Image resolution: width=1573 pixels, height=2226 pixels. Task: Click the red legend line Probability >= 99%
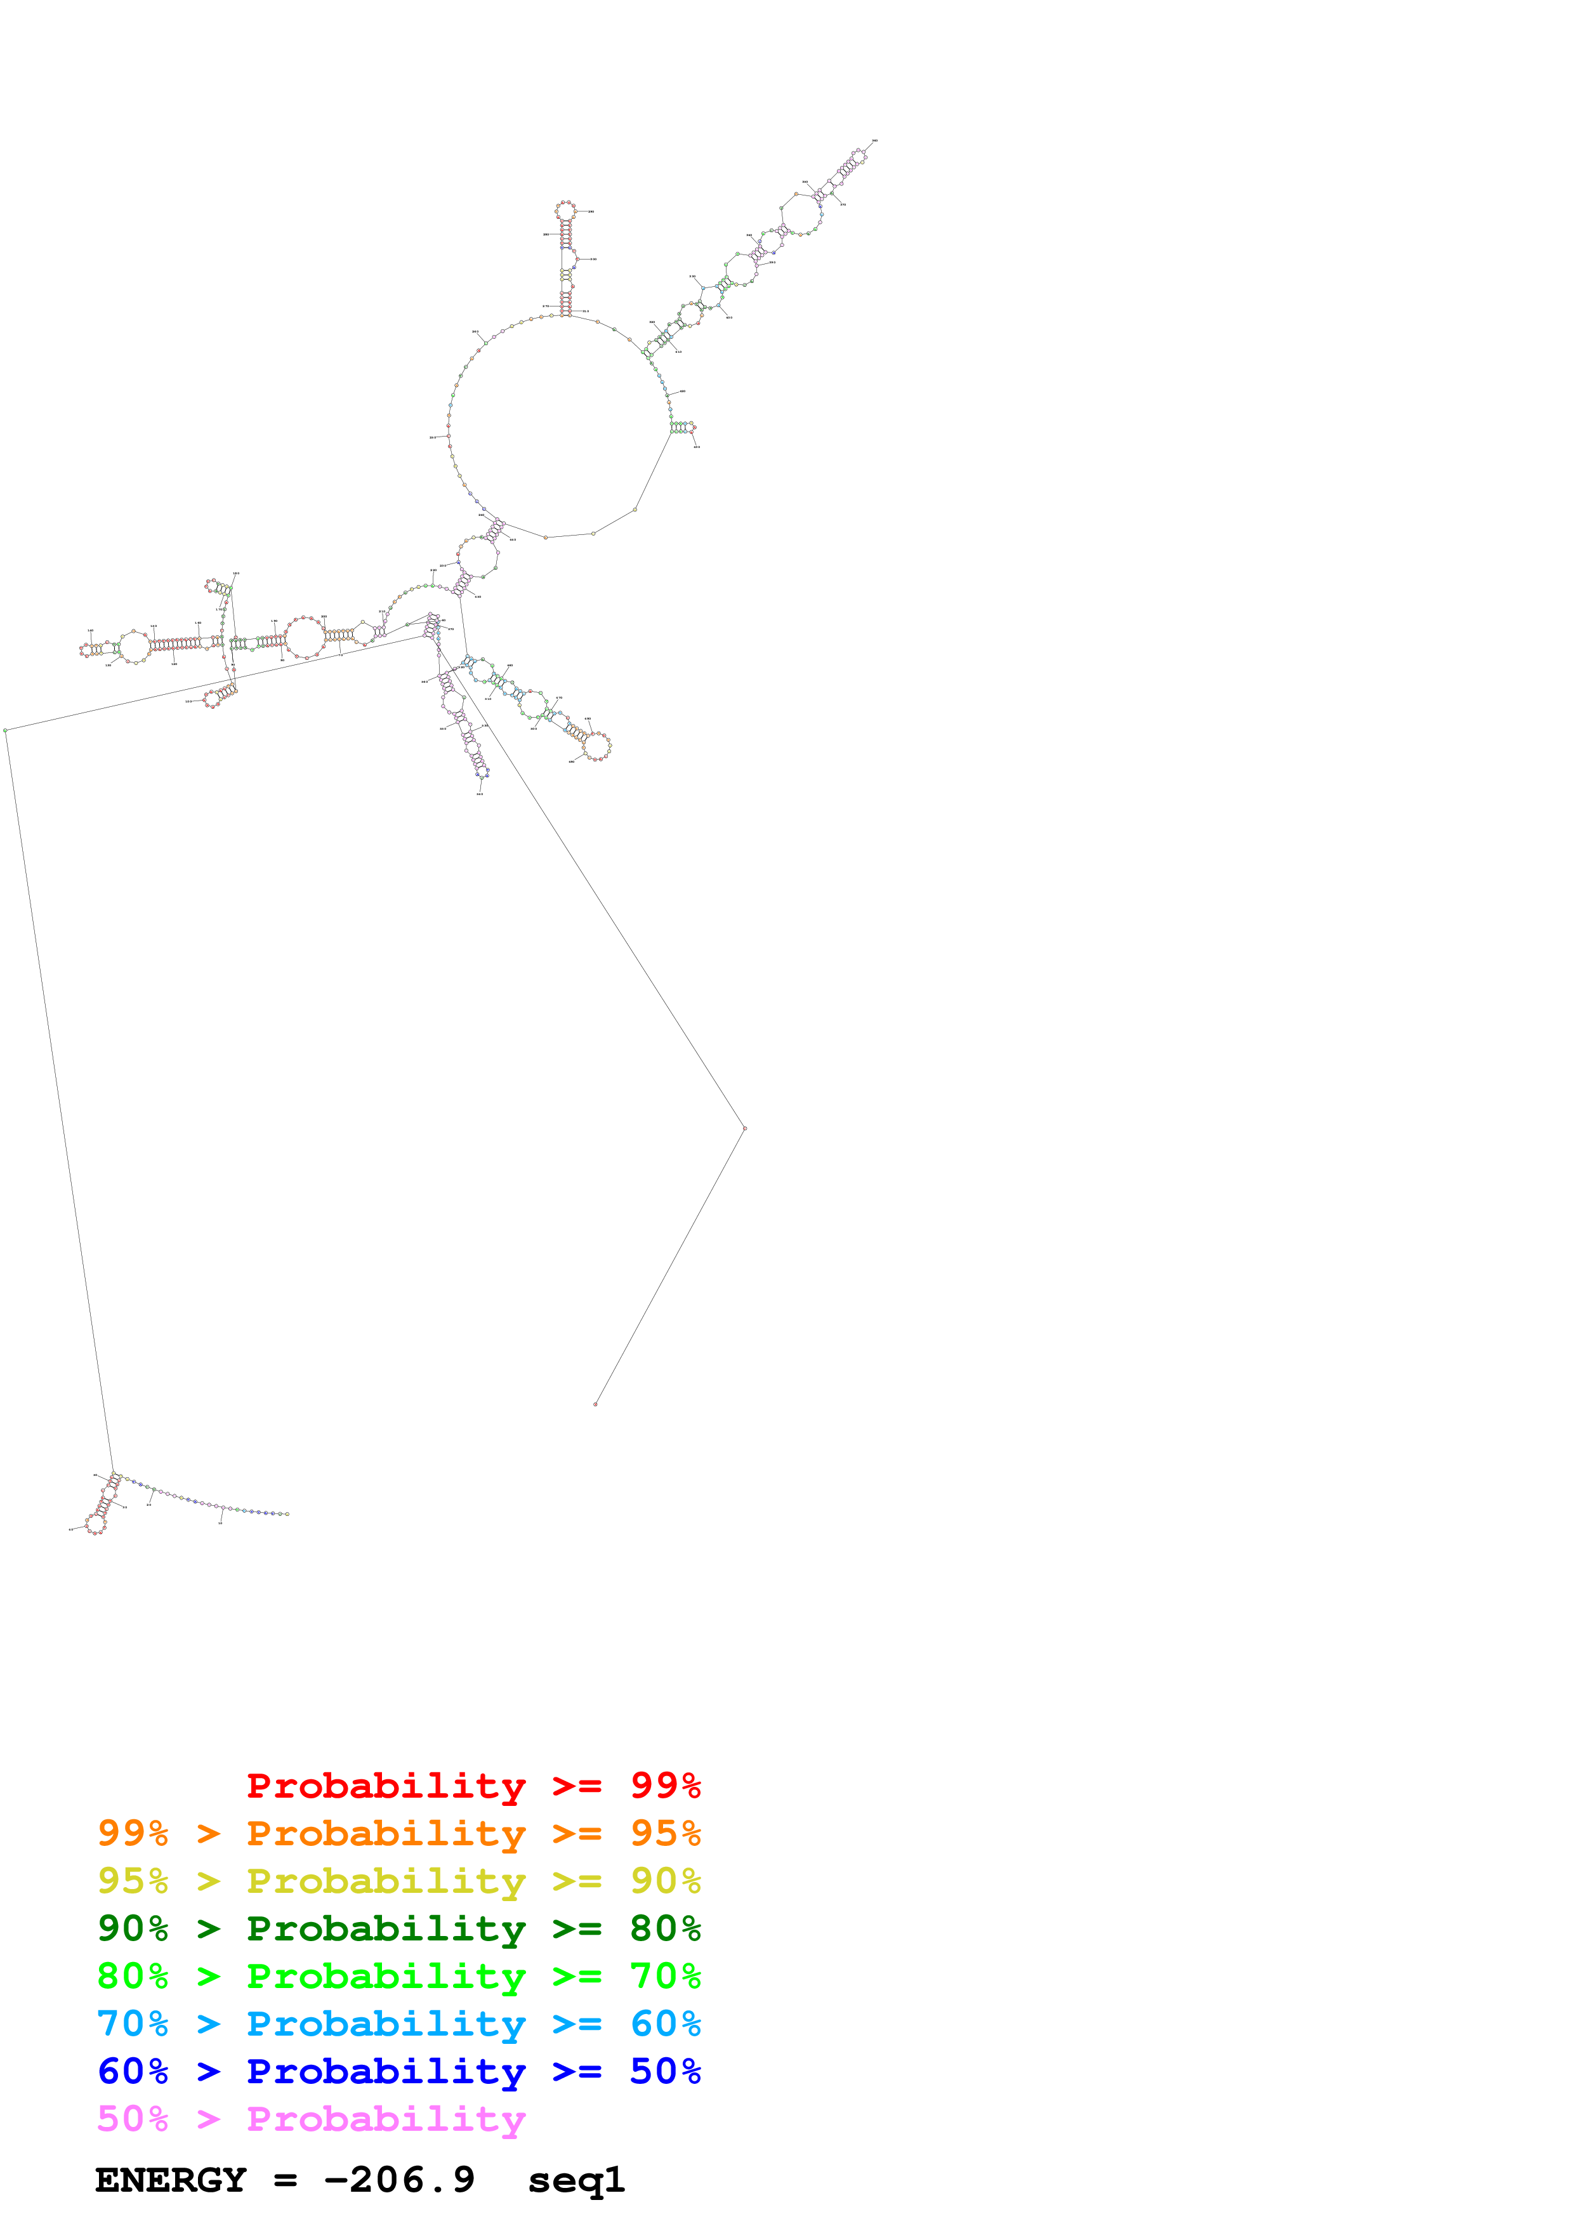[473, 1786]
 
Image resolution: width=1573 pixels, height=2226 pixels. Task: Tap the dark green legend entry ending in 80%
[398, 1928]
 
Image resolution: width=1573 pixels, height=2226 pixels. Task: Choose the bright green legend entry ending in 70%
[398, 1976]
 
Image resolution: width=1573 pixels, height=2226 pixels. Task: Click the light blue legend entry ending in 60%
[398, 2024]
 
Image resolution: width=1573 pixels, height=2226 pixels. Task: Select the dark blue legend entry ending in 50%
[398, 2071]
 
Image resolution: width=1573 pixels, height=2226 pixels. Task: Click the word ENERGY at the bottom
[171, 2180]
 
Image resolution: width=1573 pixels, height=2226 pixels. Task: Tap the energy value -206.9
[399, 2180]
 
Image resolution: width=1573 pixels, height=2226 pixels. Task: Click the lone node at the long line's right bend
[744, 1128]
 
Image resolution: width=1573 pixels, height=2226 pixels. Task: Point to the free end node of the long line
[595, 1404]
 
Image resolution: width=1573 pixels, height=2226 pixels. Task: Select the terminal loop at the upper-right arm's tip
[859, 154]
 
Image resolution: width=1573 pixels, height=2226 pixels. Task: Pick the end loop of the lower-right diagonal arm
[597, 746]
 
